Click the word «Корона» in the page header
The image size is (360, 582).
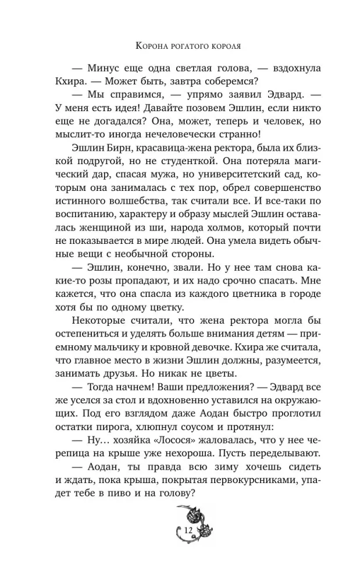[152, 44]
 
